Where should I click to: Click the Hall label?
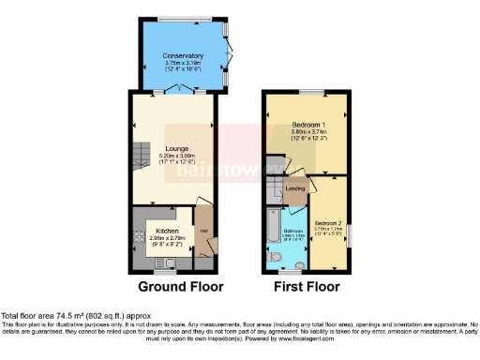(x=202, y=230)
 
